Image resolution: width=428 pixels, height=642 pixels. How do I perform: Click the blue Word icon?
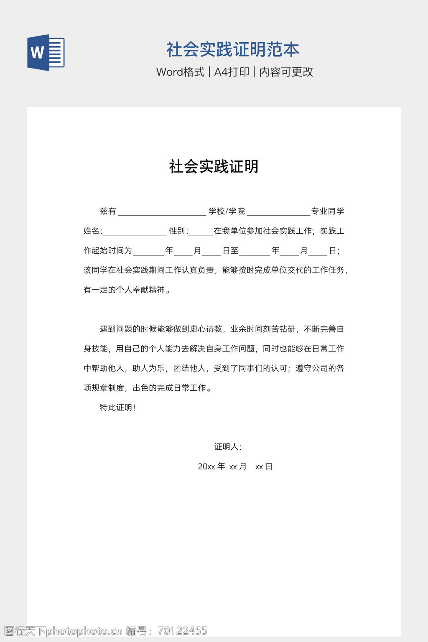[x=46, y=52]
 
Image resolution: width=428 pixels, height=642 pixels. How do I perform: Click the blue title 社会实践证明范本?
[x=233, y=49]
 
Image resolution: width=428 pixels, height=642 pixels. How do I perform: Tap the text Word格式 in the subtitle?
[x=180, y=72]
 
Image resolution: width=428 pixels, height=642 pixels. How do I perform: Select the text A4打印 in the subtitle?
[x=232, y=72]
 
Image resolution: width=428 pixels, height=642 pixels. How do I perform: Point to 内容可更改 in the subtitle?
[x=286, y=72]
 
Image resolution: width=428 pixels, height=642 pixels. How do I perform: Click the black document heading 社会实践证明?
[x=214, y=166]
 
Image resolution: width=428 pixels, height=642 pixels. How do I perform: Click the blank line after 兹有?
[x=162, y=212]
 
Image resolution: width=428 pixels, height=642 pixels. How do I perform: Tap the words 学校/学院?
[x=227, y=211]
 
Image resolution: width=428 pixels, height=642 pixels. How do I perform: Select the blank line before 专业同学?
[x=278, y=212]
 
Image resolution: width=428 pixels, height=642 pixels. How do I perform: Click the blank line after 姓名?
[x=135, y=232]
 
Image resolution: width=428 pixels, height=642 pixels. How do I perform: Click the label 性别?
[x=178, y=231]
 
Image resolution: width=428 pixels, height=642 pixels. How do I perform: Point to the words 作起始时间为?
[x=108, y=250]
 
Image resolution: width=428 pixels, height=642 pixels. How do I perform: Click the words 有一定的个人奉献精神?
[x=124, y=290]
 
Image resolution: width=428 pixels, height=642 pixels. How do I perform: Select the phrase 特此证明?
[x=117, y=408]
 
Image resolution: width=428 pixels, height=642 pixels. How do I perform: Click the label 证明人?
[x=228, y=447]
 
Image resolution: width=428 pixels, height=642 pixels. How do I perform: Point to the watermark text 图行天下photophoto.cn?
[x=63, y=631]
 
